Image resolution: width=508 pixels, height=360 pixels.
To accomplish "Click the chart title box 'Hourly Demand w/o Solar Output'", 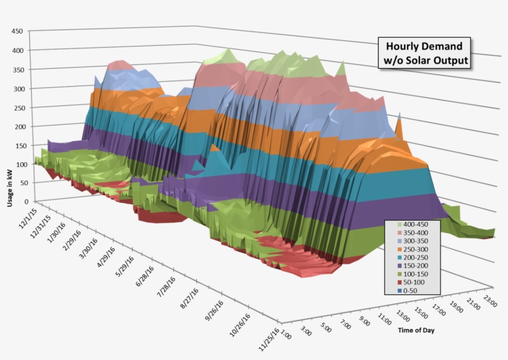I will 424,53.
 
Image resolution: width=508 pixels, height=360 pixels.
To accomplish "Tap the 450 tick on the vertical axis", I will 17,31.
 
